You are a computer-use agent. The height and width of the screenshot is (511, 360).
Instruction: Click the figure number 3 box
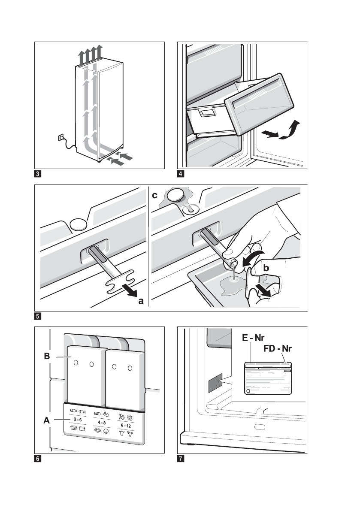tap(38, 174)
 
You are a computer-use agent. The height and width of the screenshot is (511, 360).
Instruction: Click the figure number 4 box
tap(181, 174)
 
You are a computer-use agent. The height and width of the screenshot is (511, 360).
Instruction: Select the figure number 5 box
tap(38, 317)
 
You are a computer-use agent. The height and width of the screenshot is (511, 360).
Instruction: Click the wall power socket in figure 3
tap(61, 138)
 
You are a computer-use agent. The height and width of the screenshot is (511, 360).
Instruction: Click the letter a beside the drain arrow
tap(141, 302)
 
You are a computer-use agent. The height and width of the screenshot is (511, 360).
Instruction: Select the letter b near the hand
tap(266, 268)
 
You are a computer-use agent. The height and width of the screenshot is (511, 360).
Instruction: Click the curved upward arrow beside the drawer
tap(289, 130)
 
